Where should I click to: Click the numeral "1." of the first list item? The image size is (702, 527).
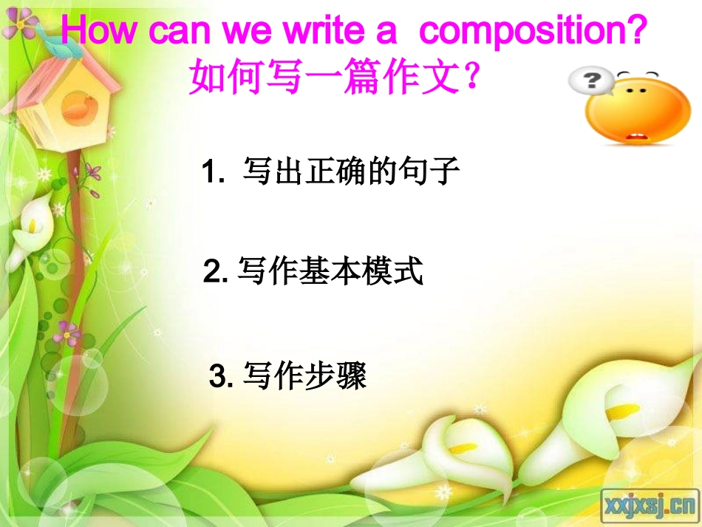point(214,174)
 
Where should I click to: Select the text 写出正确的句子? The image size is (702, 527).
point(352,173)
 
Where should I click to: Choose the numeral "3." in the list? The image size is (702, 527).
point(221,378)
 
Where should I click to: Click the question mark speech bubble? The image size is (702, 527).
point(590,81)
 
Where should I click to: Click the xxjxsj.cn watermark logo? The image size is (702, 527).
point(650,505)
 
